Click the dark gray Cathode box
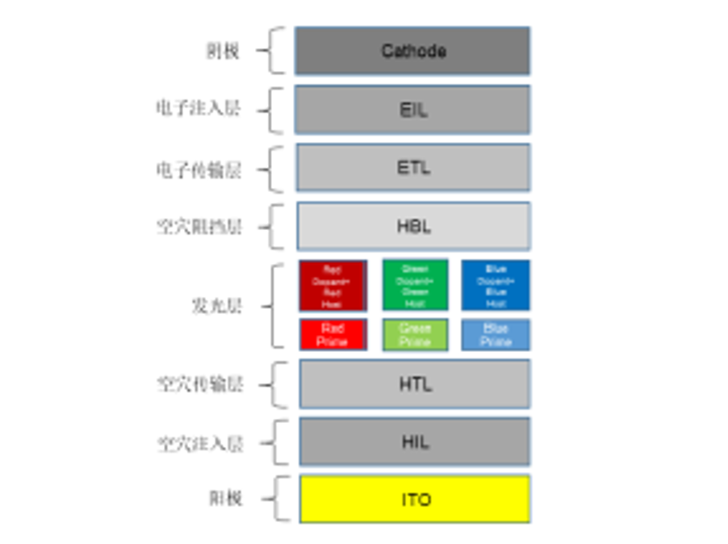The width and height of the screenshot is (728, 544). point(412,51)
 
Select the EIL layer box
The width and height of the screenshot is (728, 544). point(412,109)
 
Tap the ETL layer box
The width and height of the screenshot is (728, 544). point(413,168)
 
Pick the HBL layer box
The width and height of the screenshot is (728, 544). point(413,226)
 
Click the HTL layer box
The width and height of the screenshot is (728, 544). point(415,383)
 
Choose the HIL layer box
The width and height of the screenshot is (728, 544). point(415,441)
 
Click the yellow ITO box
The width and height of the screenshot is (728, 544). point(415,499)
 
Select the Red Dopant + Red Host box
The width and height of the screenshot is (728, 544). point(333,286)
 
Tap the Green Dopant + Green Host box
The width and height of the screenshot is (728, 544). point(415,286)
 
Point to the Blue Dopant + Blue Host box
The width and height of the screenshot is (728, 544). point(496,286)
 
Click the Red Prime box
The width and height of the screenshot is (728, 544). point(333,335)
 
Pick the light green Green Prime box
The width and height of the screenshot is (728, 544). point(415,335)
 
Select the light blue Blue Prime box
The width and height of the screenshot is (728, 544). point(496,335)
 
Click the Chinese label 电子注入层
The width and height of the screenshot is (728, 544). point(198,109)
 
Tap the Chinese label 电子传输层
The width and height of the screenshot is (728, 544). point(198,170)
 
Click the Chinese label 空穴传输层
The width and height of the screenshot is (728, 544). point(199,384)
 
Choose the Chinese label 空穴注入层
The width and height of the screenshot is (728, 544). point(199,443)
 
